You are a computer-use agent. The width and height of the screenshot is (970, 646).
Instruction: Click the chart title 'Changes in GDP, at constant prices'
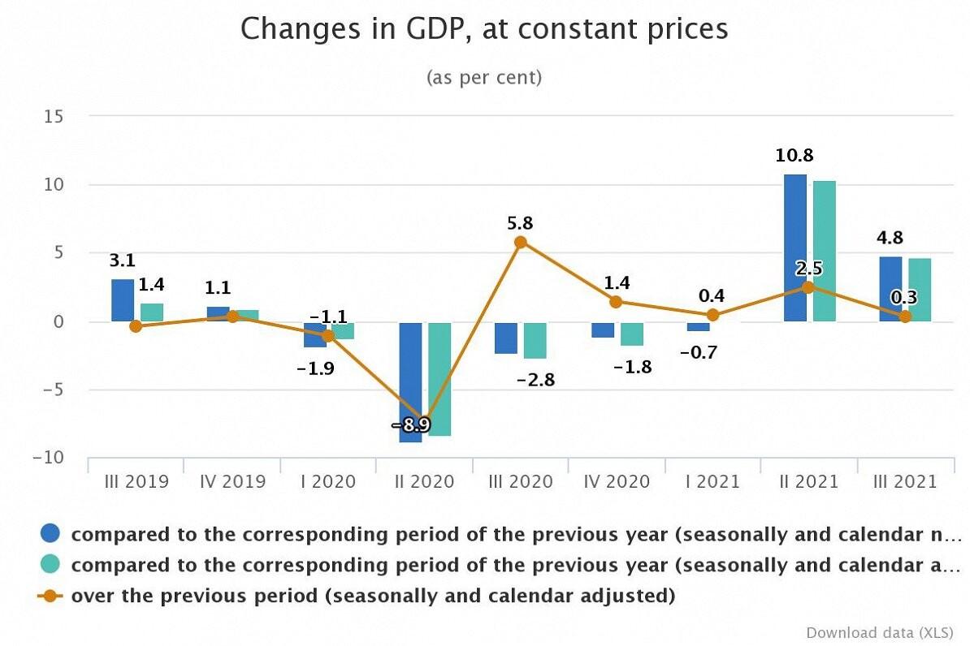(484, 29)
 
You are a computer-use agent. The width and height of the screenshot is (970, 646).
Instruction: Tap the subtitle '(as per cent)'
(484, 78)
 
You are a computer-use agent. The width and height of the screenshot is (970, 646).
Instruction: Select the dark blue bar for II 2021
(795, 248)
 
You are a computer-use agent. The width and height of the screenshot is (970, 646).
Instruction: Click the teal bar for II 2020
(440, 379)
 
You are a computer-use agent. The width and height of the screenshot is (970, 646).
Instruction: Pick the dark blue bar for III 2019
(123, 300)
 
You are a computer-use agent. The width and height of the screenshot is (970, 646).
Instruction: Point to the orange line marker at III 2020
(521, 242)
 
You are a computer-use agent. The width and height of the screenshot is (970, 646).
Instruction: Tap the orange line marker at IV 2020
(616, 302)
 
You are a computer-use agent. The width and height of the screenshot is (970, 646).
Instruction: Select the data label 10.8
(795, 155)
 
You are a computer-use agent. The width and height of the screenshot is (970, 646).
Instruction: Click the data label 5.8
(520, 223)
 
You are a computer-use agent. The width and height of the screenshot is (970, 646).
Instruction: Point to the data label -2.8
(535, 380)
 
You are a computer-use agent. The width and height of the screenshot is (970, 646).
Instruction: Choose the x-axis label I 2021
(712, 481)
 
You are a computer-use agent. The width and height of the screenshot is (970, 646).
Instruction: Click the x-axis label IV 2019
(232, 481)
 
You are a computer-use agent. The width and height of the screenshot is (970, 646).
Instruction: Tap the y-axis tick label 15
(54, 115)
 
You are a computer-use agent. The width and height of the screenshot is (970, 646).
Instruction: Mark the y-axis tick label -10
(48, 458)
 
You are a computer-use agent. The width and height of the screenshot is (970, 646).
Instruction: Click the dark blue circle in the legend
(50, 533)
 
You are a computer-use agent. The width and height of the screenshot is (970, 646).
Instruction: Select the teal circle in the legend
(50, 564)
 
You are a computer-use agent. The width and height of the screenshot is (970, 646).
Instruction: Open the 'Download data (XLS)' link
(880, 632)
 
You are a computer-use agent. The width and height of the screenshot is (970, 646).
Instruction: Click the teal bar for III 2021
(920, 290)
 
